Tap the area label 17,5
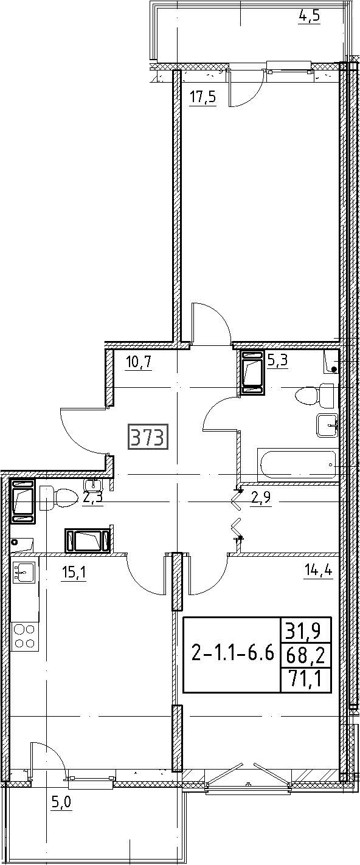tap(202, 97)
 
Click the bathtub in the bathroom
tap(297, 463)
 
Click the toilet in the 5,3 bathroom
tap(314, 395)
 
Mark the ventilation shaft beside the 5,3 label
tap(252, 372)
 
